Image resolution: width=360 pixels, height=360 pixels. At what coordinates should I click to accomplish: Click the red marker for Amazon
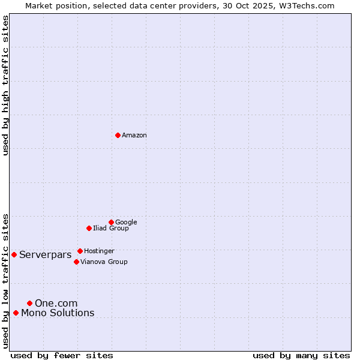118,135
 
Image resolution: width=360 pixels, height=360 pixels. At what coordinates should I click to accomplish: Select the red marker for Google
111,222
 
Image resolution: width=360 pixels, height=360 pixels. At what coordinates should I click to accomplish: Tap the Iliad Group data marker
89,228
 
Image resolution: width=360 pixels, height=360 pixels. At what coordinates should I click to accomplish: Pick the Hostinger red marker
80,251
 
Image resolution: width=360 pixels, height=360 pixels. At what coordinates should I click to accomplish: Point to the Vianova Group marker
76,262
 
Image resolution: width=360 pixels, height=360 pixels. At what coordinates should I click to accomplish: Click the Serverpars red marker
14,254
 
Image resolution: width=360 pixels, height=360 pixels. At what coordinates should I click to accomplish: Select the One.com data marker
29,303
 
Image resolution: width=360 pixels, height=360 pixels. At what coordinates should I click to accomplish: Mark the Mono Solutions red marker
16,313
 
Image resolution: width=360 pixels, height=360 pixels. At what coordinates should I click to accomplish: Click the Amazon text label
134,135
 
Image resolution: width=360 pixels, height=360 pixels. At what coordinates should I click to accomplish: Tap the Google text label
126,222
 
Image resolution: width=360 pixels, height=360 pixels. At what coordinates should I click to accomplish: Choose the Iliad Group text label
111,228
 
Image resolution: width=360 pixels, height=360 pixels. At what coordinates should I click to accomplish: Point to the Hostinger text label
99,251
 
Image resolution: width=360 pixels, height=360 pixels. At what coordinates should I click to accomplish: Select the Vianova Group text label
104,262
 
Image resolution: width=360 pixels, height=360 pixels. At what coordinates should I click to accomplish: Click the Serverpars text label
45,255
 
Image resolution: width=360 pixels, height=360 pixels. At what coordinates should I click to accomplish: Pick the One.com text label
56,304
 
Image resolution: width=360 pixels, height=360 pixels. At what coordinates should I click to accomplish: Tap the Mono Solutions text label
58,313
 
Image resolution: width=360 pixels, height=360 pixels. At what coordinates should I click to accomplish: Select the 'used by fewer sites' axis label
62,355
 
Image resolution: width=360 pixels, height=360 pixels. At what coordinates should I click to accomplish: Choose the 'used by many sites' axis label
301,355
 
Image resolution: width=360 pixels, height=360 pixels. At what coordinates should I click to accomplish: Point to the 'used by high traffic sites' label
5,85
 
